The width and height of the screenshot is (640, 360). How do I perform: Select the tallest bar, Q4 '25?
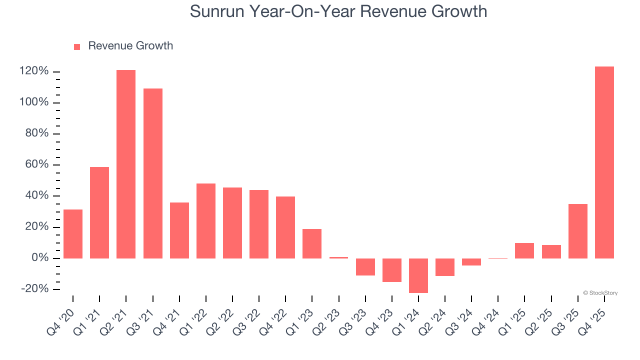[604, 162]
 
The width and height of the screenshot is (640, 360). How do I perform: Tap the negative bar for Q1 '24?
[418, 275]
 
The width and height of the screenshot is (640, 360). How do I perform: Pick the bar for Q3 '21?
[153, 173]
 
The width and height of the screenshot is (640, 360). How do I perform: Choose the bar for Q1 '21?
[99, 212]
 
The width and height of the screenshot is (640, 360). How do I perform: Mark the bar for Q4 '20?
[73, 234]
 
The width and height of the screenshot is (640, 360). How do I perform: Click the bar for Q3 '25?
[578, 231]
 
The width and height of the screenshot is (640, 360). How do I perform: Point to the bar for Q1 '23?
[312, 243]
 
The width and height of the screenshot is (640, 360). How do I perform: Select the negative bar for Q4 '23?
[392, 270]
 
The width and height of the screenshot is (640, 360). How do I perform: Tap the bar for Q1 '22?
[206, 221]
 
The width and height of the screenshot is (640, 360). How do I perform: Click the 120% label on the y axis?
[34, 71]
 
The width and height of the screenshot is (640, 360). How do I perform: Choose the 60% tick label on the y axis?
[36, 164]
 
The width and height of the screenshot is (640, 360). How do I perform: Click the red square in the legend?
[77, 46]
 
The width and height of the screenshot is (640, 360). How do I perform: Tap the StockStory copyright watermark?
[600, 293]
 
